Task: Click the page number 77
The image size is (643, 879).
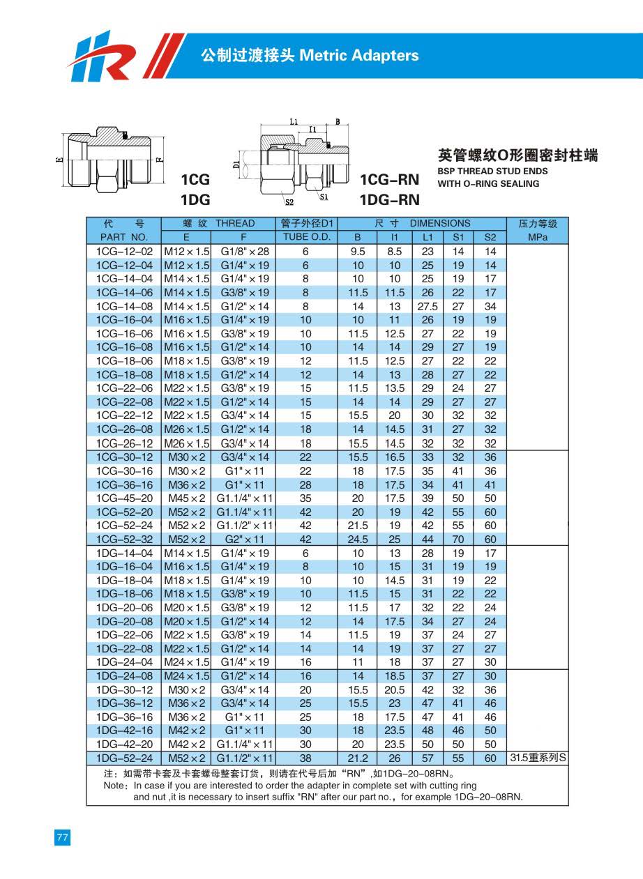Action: (62, 837)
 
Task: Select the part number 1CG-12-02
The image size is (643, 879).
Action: (123, 252)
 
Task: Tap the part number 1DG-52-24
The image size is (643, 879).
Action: (123, 758)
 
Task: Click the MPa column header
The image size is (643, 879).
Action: (538, 237)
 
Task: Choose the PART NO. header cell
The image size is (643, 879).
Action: (123, 237)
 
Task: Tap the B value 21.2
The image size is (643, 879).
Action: (358, 758)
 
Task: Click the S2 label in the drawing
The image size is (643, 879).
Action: (289, 203)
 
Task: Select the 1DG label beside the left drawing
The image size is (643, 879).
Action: (195, 200)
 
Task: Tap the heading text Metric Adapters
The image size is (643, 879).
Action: (358, 56)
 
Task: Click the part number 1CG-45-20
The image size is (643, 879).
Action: (123, 498)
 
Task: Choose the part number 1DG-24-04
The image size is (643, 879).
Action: (123, 662)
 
